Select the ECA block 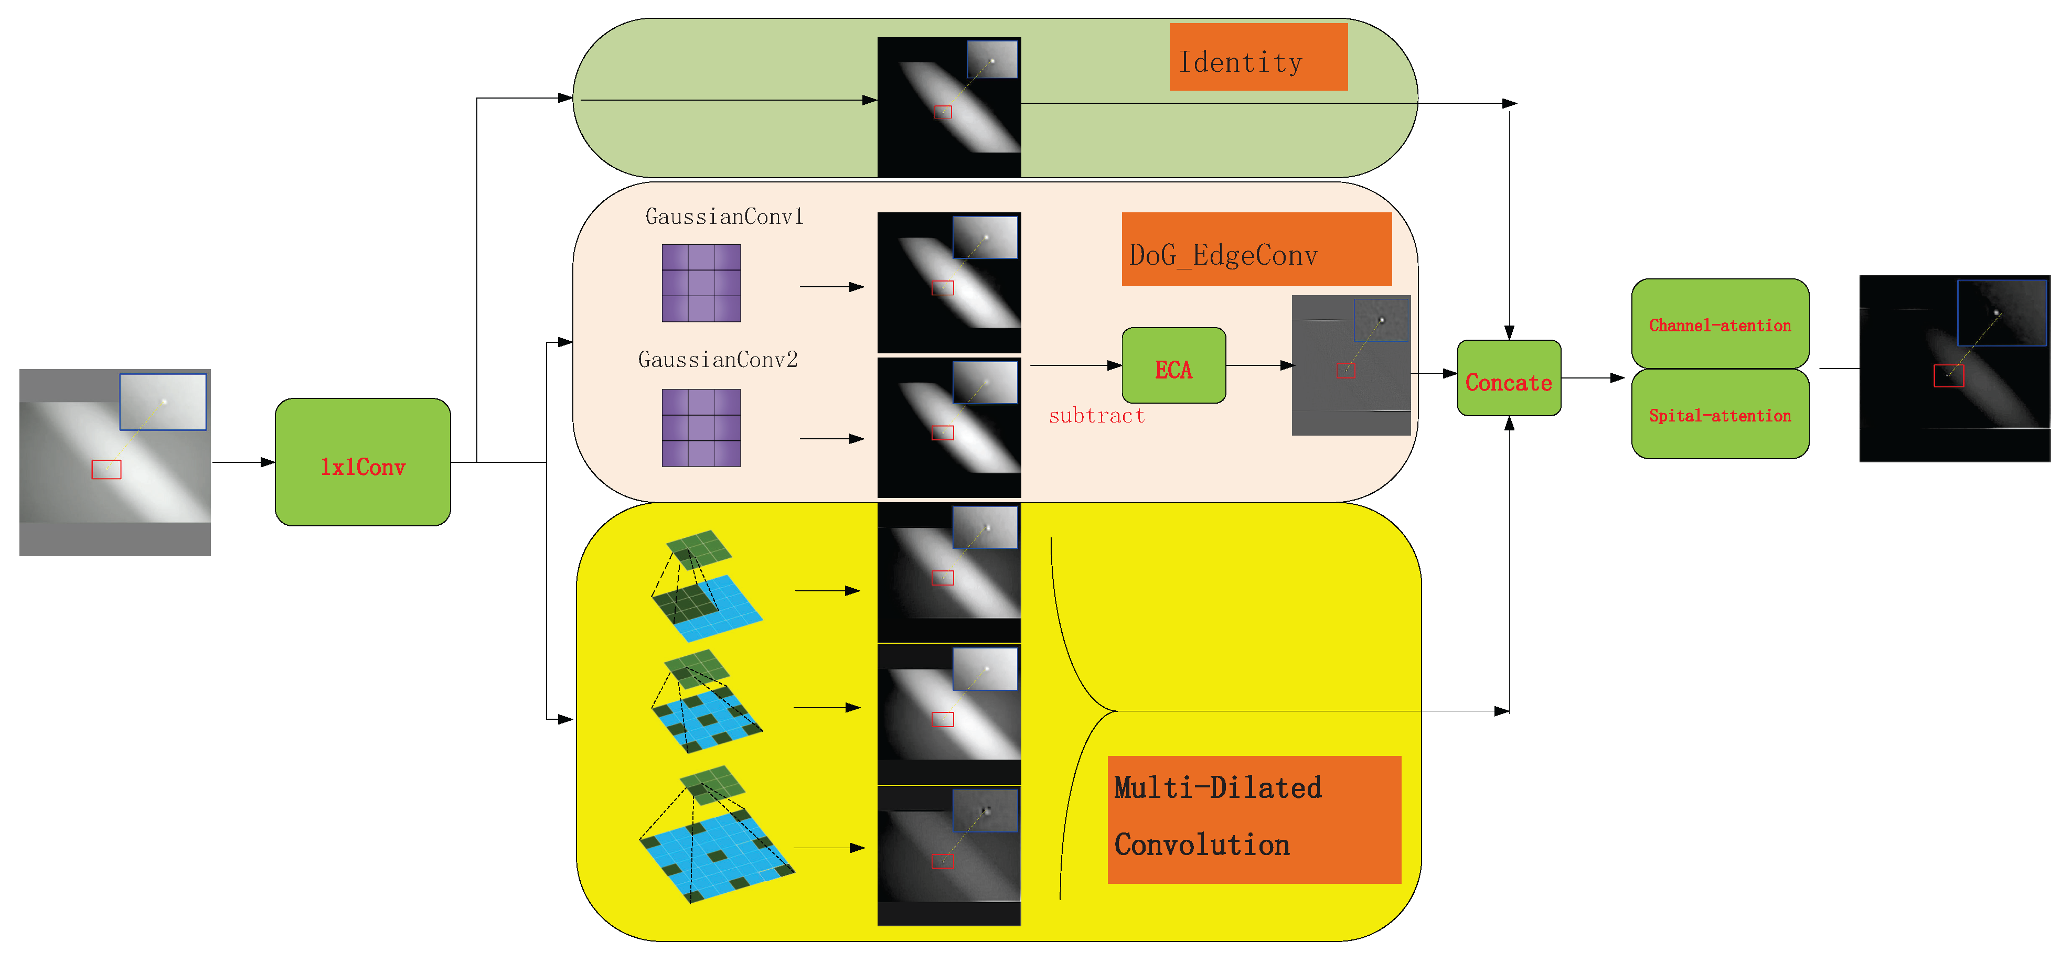coord(1173,366)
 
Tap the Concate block coord(1508,378)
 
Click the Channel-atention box coord(1719,324)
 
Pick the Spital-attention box coord(1719,415)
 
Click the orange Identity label coord(1257,57)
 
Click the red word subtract coord(1096,416)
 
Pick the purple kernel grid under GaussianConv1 coord(701,283)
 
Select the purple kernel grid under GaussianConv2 coord(701,428)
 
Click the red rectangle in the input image coord(106,469)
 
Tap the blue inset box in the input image coord(163,401)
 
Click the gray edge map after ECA coord(1351,366)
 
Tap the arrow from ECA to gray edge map coord(1259,366)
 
